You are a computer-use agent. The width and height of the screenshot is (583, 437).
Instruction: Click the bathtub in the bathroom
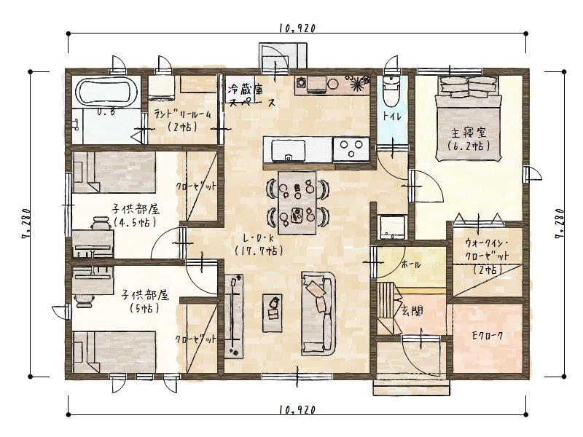point(107,92)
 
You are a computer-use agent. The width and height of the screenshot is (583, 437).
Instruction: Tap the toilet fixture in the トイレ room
point(390,90)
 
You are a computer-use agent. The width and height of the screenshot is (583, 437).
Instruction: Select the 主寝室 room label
point(468,138)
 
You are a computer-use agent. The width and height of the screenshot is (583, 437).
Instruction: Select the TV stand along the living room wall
point(234,316)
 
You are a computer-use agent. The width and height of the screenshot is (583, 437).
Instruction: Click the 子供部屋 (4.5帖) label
point(135,216)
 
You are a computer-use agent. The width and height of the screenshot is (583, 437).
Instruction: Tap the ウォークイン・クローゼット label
point(486,256)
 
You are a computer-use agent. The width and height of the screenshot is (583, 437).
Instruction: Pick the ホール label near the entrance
point(411,265)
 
